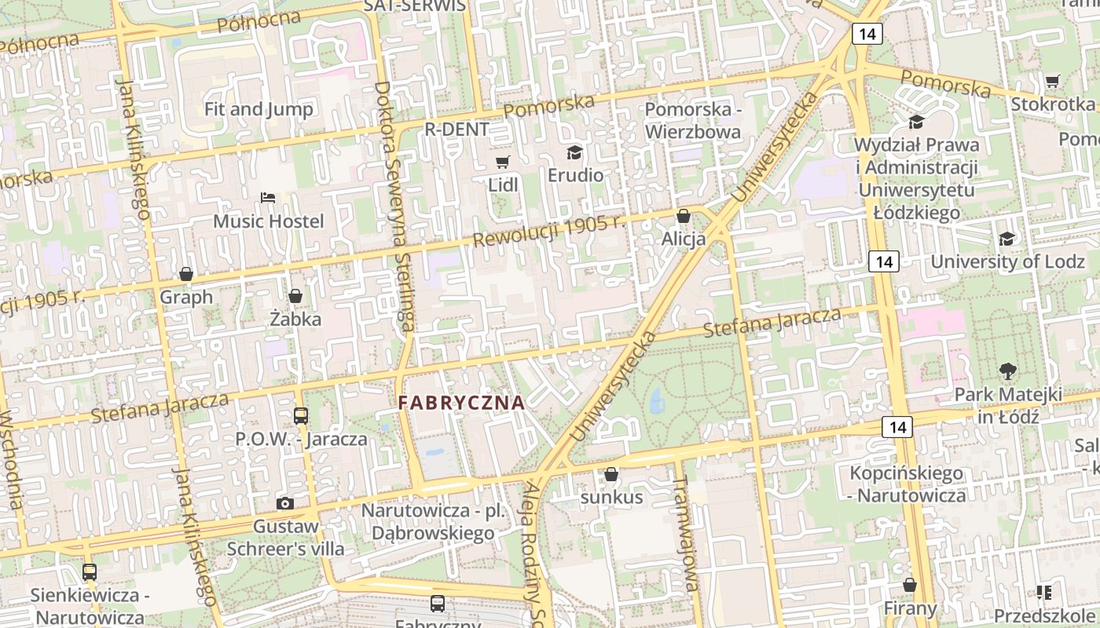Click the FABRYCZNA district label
pos(461,403)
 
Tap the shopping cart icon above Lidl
pos(503,162)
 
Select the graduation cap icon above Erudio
pos(575,152)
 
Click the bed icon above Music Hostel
pos(268,198)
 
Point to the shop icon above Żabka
pos(295,296)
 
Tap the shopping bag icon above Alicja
pos(684,216)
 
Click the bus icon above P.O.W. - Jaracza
pos(301,416)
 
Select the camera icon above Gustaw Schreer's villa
pos(285,503)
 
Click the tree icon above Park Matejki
pos(1007,371)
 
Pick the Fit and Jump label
pos(258,109)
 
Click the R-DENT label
pos(456,129)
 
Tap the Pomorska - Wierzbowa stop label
pos(693,120)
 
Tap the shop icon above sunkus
pos(611,474)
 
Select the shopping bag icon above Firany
pos(910,586)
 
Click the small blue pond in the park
pos(657,403)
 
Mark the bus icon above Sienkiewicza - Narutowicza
pos(90,572)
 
